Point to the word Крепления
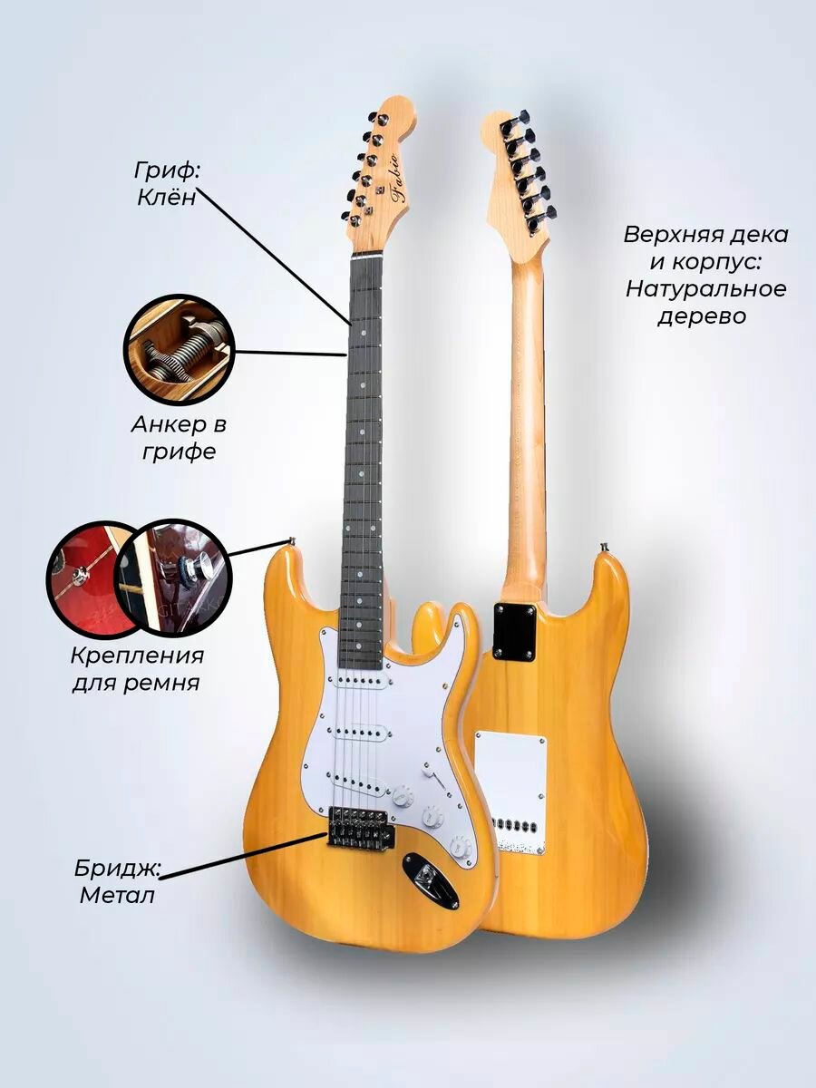coord(137,655)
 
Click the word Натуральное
coord(706,289)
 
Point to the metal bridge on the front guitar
coord(360,827)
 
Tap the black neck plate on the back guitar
coord(518,631)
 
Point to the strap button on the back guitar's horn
coord(604,547)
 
